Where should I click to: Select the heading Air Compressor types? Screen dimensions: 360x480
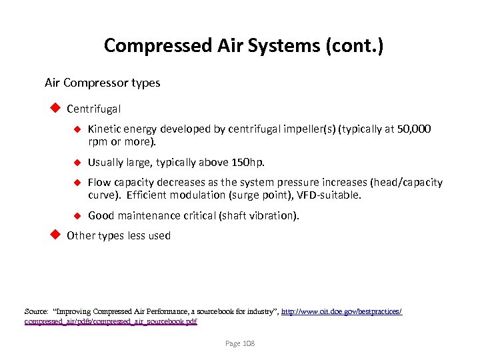tap(102, 83)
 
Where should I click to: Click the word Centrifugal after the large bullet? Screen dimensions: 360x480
tap(94, 108)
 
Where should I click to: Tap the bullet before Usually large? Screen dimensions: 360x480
tap(77, 162)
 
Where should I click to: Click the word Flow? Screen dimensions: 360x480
tap(99, 182)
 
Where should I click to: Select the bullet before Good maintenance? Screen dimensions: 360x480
tap(77, 215)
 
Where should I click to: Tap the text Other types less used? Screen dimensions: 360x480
tap(119, 235)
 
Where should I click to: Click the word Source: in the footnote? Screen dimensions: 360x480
tap(36, 311)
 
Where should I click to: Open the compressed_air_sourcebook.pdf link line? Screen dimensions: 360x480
tap(111, 321)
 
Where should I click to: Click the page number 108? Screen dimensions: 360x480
tap(248, 343)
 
